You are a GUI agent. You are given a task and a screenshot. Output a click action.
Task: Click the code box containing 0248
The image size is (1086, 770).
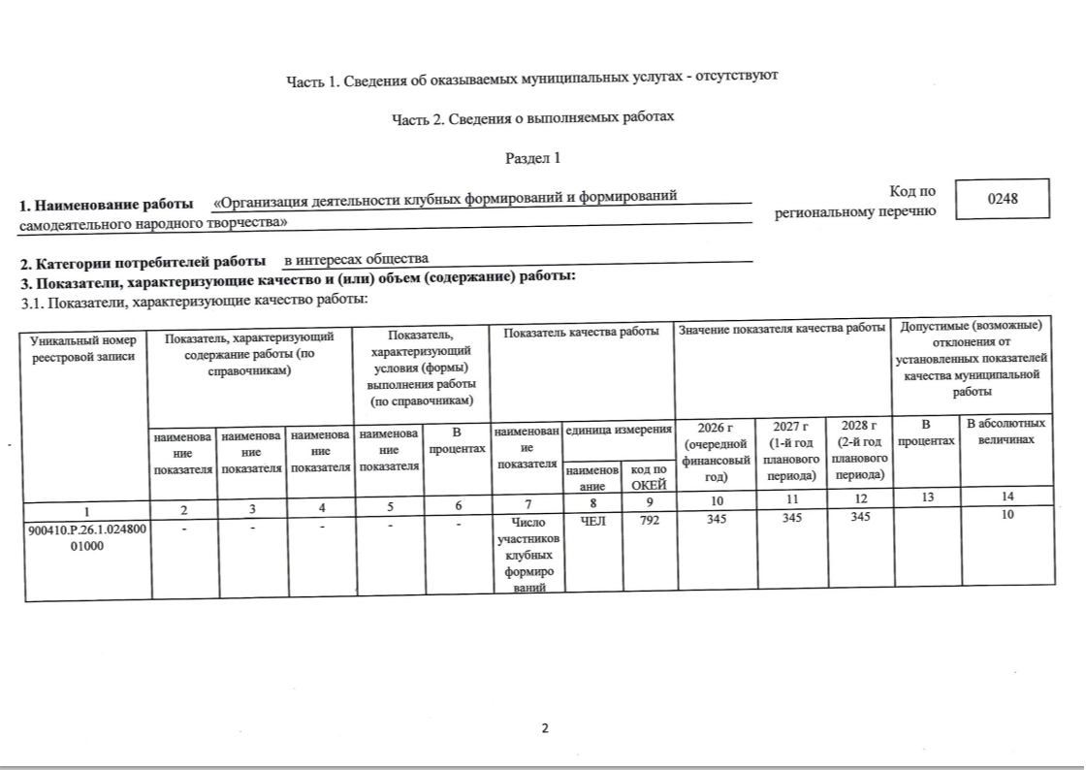click(1003, 200)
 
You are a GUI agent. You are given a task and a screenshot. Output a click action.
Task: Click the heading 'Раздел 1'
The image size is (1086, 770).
click(532, 157)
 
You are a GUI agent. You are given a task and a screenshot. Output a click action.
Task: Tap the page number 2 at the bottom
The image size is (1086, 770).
click(545, 729)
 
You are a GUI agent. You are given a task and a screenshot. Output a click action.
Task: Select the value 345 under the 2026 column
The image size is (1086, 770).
click(717, 517)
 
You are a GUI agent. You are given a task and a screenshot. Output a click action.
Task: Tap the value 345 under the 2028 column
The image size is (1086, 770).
click(856, 517)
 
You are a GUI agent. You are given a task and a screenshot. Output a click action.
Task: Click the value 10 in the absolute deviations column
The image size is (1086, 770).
click(1008, 516)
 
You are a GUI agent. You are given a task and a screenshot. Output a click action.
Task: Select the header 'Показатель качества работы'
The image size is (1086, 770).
click(582, 333)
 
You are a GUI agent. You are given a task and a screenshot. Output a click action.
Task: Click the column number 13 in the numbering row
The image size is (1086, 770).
click(924, 498)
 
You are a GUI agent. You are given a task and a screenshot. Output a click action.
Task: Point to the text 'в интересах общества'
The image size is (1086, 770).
click(356, 260)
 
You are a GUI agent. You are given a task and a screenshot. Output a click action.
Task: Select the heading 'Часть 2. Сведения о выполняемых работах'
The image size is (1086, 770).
click(532, 117)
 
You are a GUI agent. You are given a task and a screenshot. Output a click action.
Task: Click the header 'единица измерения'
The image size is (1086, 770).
click(619, 428)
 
